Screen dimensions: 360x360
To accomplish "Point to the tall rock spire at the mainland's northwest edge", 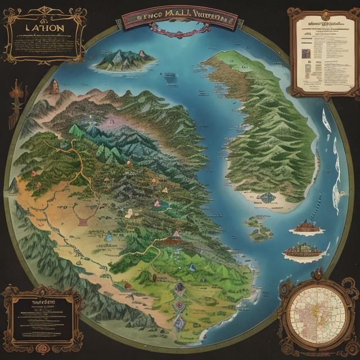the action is pos(55,87).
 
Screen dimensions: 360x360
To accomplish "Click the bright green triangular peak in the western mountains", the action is pos(75,130).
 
